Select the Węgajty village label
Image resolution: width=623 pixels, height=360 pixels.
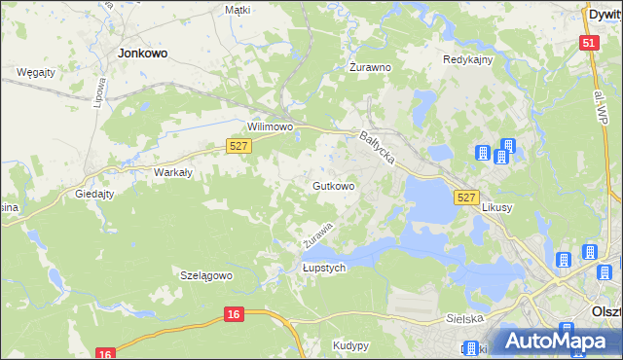[35, 72]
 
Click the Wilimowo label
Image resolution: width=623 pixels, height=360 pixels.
[270, 126]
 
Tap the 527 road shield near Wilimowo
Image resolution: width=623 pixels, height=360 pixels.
[239, 145]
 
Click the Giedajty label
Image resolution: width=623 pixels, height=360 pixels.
[95, 194]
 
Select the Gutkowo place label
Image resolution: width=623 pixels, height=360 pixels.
[332, 185]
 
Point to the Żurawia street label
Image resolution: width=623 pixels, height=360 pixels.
[318, 234]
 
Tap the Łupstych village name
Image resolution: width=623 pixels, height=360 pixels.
[324, 269]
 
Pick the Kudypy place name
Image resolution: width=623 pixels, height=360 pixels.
[349, 345]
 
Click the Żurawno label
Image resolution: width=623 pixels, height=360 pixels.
[370, 68]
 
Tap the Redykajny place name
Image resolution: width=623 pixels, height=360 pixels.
[468, 59]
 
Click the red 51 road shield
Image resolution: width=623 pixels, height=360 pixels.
[587, 43]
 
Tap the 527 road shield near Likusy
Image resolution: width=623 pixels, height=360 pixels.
[466, 198]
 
